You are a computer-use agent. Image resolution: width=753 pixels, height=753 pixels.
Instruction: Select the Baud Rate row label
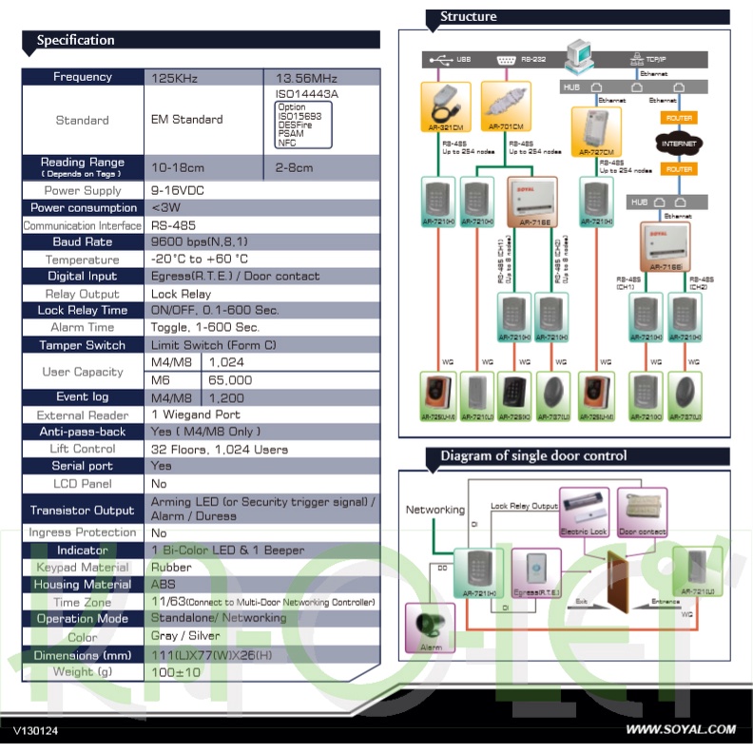(x=83, y=242)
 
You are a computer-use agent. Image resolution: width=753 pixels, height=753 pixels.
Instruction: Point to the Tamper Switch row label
(x=83, y=345)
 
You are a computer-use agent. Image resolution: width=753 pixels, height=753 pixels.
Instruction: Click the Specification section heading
(x=76, y=40)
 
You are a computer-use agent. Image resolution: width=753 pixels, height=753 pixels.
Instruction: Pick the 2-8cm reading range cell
(x=294, y=167)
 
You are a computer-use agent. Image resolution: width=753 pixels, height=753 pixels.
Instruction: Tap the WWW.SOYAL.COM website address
(x=680, y=729)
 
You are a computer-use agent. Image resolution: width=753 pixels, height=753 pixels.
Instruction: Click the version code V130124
(x=36, y=730)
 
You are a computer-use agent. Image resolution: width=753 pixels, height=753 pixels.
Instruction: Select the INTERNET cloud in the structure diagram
(x=679, y=144)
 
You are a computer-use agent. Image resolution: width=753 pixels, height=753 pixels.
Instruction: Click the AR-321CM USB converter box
(x=441, y=106)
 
